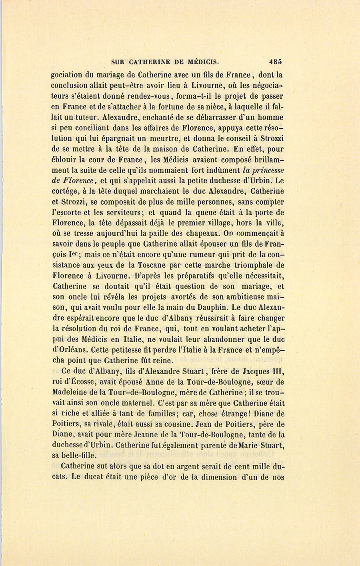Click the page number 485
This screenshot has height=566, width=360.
coord(276,62)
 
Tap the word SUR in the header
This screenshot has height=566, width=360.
coord(117,62)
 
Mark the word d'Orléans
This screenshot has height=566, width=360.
coord(70,349)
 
